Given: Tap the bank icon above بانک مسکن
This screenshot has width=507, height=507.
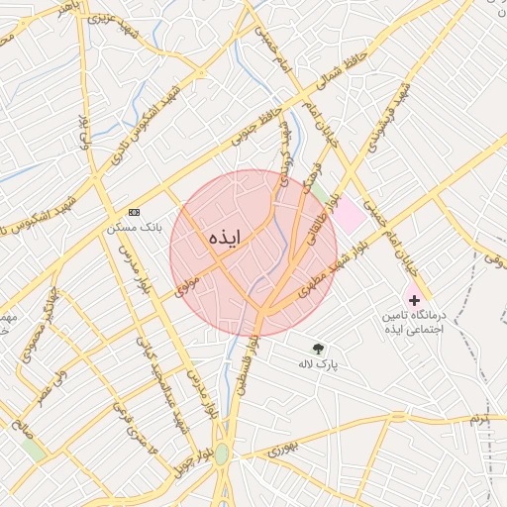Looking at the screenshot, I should click(x=135, y=213).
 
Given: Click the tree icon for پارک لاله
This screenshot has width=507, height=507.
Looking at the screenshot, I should click(x=318, y=349).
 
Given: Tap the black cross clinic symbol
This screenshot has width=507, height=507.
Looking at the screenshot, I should click(x=414, y=299).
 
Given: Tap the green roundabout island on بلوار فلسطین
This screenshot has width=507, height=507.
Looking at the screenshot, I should click(x=221, y=453).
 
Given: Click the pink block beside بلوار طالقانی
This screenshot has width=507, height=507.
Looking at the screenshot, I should click(x=347, y=215).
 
